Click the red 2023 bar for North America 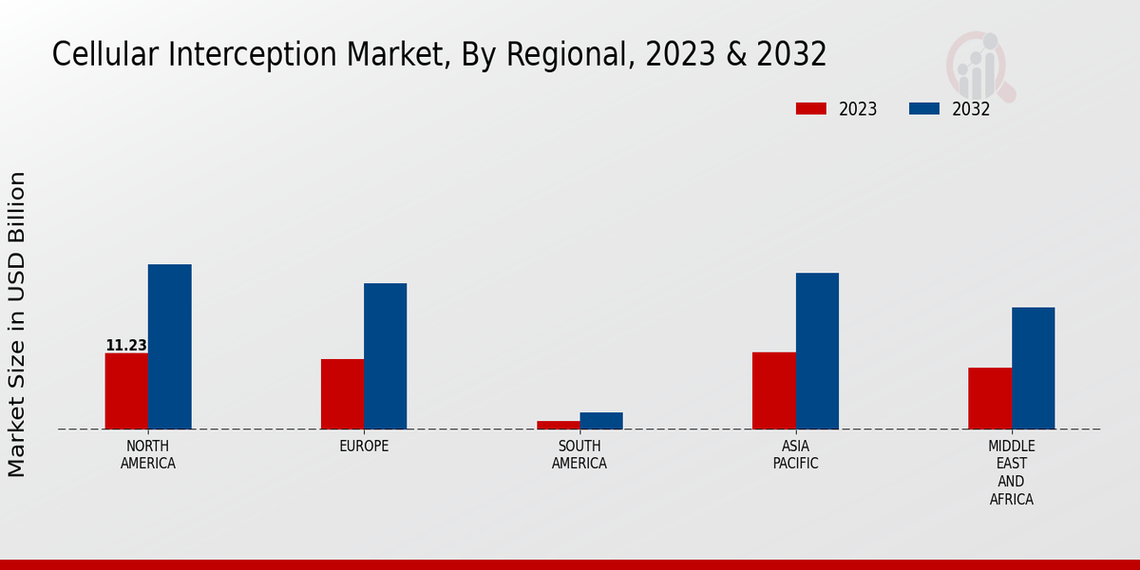point(126,390)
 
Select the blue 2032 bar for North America point(169,347)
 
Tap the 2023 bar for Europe point(342,393)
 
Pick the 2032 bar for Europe point(385,356)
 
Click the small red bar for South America point(558,425)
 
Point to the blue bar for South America point(601,421)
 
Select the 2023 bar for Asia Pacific point(773,390)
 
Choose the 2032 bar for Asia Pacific point(817,351)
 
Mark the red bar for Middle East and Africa point(990,398)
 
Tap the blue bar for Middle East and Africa point(1033,368)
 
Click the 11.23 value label point(126,346)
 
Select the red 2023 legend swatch point(810,109)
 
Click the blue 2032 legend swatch point(923,109)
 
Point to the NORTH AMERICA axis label point(148,455)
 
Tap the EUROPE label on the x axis point(364,446)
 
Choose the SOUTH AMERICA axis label point(579,455)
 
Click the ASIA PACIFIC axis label point(795,455)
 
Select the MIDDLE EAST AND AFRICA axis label point(1012,472)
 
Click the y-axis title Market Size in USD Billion point(17,324)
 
